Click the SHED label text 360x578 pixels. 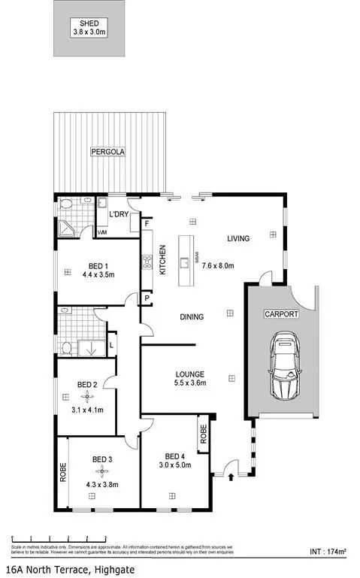(89, 23)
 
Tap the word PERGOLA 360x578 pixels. (108, 151)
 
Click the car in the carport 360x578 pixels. (284, 366)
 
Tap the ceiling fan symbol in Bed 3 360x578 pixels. (92, 471)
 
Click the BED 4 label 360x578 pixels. (175, 456)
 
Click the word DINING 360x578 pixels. (192, 316)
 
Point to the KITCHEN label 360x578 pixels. (162, 260)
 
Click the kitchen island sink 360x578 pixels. (183, 262)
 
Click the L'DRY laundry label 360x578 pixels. (119, 215)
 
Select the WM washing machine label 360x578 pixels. (101, 232)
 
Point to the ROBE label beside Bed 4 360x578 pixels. (203, 434)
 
